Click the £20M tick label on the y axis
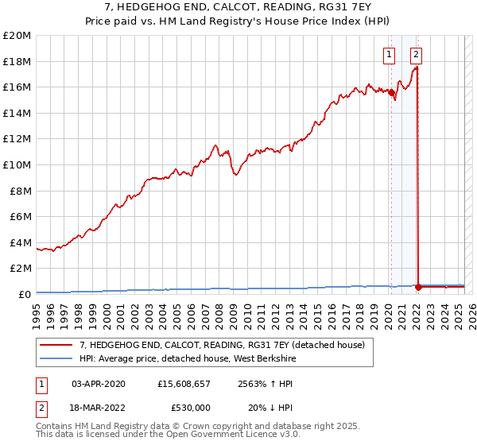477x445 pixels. [17, 36]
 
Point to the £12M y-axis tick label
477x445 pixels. [17, 139]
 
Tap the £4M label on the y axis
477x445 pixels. [20, 242]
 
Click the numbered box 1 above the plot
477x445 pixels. [389, 55]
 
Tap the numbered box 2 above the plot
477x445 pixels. [416, 55]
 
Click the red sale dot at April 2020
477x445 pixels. [391, 92]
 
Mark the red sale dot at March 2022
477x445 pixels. [418, 287]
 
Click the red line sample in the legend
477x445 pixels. [56, 345]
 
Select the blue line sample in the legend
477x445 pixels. [56, 358]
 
